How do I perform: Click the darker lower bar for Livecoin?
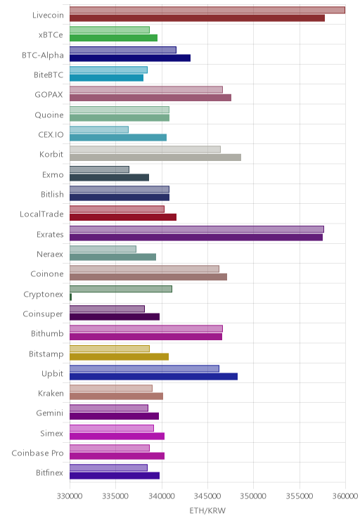coord(197,18)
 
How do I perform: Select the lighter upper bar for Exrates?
coord(196,229)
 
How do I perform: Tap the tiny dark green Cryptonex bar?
coord(71,297)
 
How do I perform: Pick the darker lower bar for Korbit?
coord(155,157)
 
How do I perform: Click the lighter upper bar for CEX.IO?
coord(99,129)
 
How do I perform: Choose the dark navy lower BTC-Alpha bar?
coord(130,58)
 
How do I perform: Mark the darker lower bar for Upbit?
coord(153,377)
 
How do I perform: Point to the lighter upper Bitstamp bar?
coord(110,349)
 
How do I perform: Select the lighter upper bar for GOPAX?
coord(146,89)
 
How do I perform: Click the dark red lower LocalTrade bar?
coord(123,217)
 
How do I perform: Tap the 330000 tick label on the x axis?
coord(70,496)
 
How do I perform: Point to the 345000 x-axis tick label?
coord(207,496)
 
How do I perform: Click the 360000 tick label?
coord(345,496)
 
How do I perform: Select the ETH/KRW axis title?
coord(207,510)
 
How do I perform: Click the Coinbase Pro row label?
coord(37,453)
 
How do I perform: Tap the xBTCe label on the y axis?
coord(51,34)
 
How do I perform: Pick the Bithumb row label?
coord(47,333)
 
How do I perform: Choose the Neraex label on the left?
coord(50,254)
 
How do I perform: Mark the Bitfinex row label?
coord(49,472)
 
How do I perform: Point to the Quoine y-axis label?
coord(49,115)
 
